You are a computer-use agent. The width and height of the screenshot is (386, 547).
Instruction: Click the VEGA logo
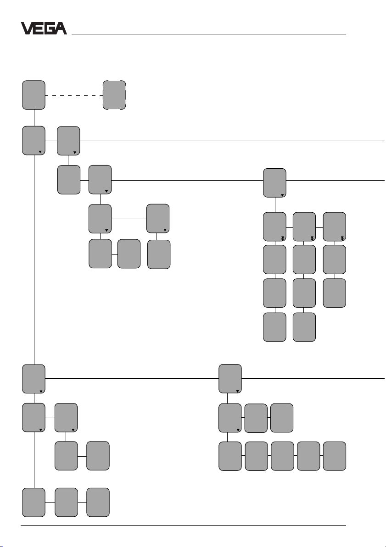pyautogui.click(x=44, y=28)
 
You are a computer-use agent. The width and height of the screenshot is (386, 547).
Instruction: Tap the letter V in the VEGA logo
pyautogui.click(x=27, y=28)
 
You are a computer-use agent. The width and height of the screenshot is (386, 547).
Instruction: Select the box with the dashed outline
pyautogui.click(x=114, y=95)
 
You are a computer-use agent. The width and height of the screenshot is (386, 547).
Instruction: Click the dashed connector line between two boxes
pyautogui.click(x=73, y=95)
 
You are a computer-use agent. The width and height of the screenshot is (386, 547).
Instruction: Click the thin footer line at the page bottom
pyautogui.click(x=184, y=526)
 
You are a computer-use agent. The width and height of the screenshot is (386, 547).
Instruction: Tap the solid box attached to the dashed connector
pyautogui.click(x=34, y=95)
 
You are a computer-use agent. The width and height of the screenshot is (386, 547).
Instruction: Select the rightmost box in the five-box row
pyautogui.click(x=335, y=456)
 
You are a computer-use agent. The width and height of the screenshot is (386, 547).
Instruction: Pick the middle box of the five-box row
pyautogui.click(x=282, y=456)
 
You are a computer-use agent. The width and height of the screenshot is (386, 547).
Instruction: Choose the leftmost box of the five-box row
pyautogui.click(x=230, y=456)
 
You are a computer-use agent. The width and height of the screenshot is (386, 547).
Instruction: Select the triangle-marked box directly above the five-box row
pyautogui.click(x=230, y=418)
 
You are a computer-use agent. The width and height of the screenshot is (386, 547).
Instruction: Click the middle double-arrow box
pyautogui.click(x=304, y=227)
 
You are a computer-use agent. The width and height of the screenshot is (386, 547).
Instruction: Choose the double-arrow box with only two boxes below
pyautogui.click(x=334, y=227)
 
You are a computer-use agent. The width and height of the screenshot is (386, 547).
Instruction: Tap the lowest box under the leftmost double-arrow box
pyautogui.click(x=274, y=327)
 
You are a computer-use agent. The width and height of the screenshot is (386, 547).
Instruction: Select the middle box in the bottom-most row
pyautogui.click(x=66, y=502)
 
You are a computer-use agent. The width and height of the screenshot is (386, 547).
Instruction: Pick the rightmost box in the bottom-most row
pyautogui.click(x=98, y=502)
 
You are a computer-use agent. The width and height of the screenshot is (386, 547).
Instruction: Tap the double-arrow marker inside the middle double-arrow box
pyautogui.click(x=312, y=238)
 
